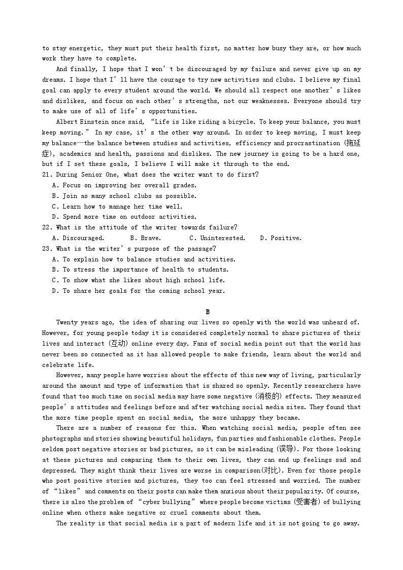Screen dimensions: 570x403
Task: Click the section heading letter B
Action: click(208, 312)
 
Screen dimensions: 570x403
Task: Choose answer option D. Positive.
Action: click(281, 238)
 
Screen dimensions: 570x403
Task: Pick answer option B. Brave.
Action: click(146, 238)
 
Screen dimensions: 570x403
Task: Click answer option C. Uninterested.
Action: click(217, 238)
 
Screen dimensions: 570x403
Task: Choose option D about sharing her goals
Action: click(139, 291)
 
